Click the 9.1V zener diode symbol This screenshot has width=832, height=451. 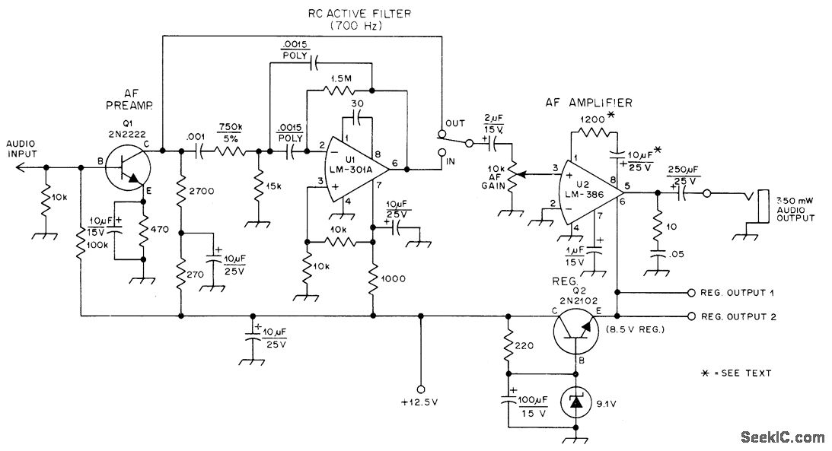click(x=574, y=402)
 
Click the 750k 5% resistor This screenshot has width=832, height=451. click(x=229, y=151)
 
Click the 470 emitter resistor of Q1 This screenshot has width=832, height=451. click(x=143, y=230)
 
